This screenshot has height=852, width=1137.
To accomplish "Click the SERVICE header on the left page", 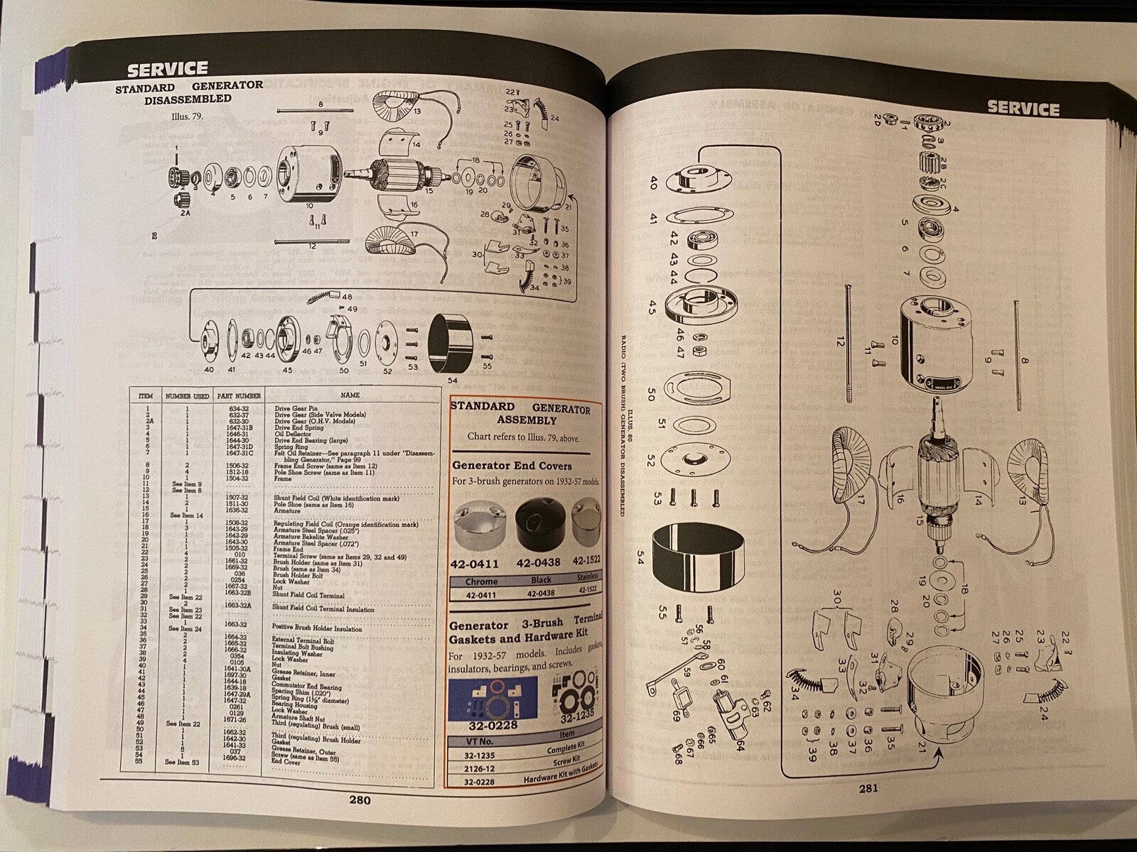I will pos(168,69).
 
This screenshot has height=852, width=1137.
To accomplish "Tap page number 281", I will pos(868,787).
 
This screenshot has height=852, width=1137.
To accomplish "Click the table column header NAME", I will pos(350,395).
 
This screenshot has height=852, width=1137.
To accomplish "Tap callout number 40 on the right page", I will pos(652,184).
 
